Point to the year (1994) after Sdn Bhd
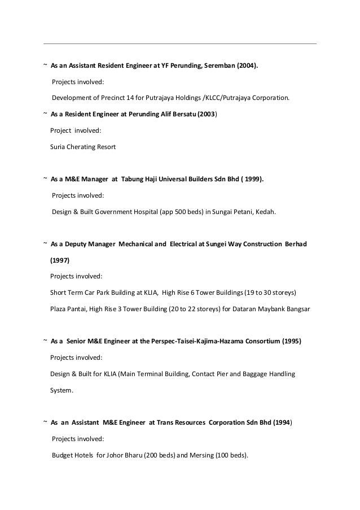280,422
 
